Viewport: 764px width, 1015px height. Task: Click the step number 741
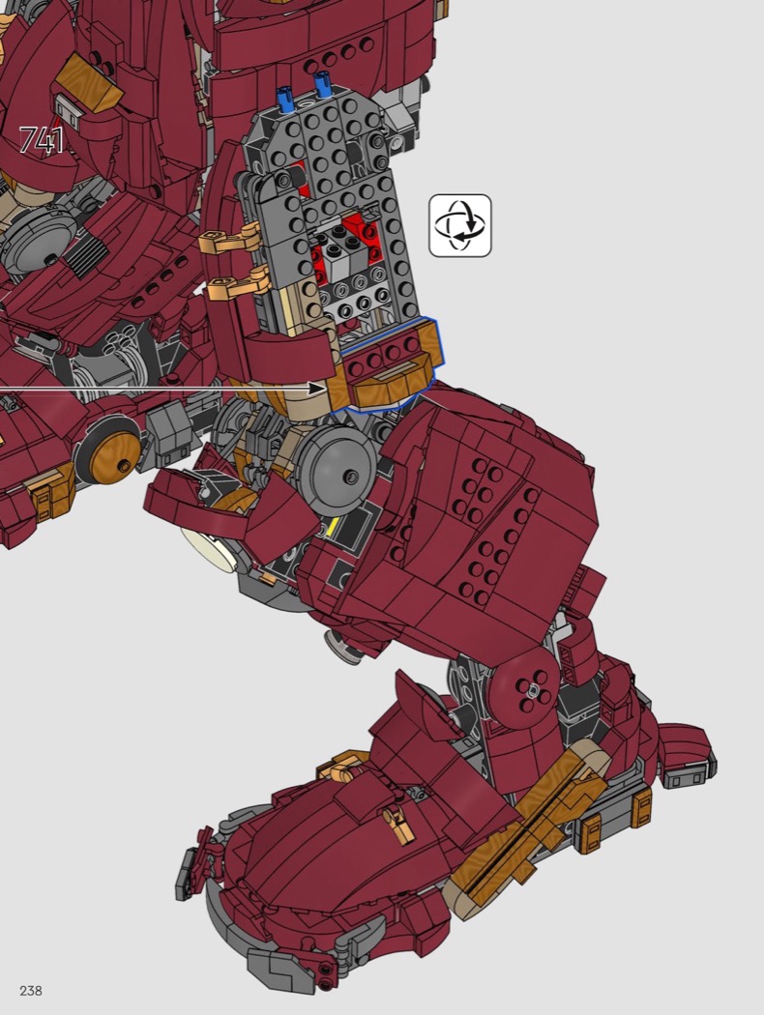pyautogui.click(x=42, y=140)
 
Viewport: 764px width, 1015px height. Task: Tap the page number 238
pyautogui.click(x=31, y=991)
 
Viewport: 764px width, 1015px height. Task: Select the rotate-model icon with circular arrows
pyautogui.click(x=460, y=225)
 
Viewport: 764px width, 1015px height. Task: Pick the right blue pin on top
pyautogui.click(x=322, y=85)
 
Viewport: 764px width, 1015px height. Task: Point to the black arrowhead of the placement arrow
pyautogui.click(x=317, y=389)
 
